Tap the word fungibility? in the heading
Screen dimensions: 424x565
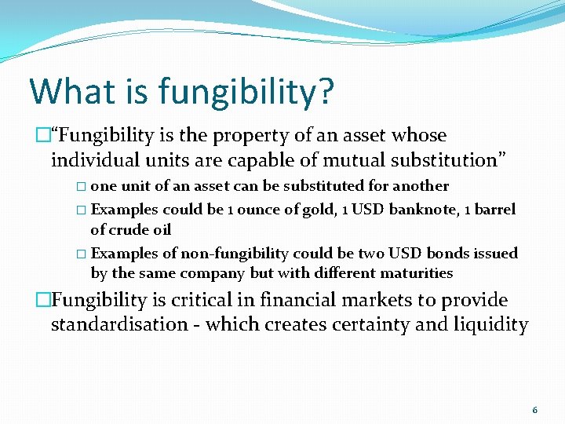point(246,93)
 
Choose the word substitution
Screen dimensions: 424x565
point(444,160)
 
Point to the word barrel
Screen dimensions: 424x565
point(493,210)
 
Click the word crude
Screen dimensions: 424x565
point(128,229)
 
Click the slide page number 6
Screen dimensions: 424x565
point(534,410)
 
